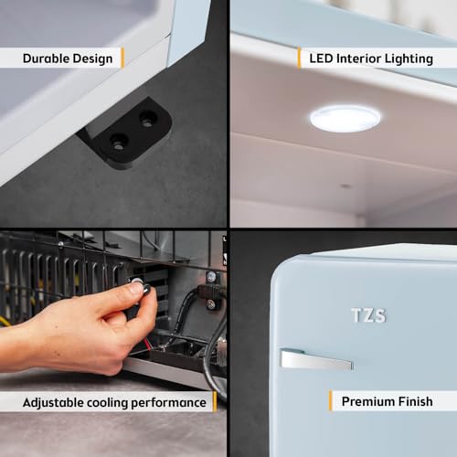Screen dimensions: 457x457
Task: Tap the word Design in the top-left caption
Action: click(93, 59)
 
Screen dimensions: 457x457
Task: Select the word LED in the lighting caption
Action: click(321, 58)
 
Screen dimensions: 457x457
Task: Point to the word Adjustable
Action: click(53, 403)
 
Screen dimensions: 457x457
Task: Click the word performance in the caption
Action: click(168, 403)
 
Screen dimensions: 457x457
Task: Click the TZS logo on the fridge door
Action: click(368, 315)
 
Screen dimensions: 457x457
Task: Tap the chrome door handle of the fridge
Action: click(316, 359)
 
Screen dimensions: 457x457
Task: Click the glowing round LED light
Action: click(345, 119)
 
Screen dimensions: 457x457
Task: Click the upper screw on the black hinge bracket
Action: click(147, 119)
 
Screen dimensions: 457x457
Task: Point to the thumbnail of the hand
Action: click(135, 287)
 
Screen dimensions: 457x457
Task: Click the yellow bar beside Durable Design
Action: click(122, 58)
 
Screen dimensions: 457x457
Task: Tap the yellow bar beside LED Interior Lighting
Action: click(299, 58)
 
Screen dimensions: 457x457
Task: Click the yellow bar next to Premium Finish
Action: click(331, 401)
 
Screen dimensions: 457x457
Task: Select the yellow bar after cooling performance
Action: click(215, 402)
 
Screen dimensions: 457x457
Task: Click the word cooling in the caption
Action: click(107, 403)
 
